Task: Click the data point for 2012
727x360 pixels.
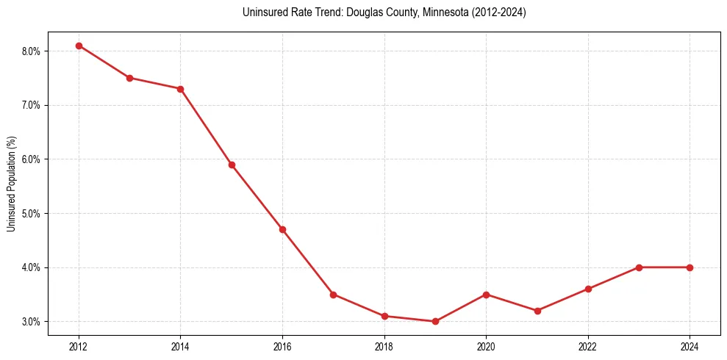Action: (x=79, y=46)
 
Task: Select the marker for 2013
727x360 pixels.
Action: (x=129, y=78)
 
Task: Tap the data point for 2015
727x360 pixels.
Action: (x=232, y=165)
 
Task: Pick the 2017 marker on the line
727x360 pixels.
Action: (x=333, y=295)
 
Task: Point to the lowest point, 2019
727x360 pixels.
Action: (x=435, y=321)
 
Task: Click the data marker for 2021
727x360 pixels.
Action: (x=537, y=311)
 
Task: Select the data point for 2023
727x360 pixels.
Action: (x=639, y=267)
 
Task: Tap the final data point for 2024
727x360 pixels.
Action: (x=690, y=267)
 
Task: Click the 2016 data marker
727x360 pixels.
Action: (x=282, y=229)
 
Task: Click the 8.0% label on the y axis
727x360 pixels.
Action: (x=32, y=51)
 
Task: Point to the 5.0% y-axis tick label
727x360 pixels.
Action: (x=32, y=214)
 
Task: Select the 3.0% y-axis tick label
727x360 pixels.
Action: (x=32, y=322)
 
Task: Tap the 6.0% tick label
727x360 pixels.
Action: (x=32, y=159)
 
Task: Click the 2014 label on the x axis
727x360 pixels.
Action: (x=180, y=345)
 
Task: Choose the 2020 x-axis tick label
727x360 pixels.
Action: (x=486, y=345)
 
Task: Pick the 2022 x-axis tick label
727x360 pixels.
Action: (x=588, y=345)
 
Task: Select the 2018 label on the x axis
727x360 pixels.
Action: (x=384, y=345)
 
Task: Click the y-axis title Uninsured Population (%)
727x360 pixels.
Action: (x=11, y=184)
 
